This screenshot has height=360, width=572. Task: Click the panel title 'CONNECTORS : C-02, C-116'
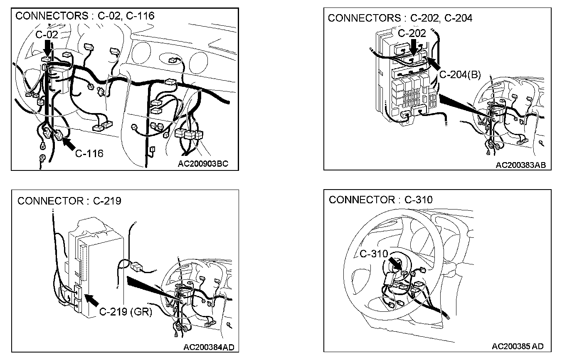pos(85,16)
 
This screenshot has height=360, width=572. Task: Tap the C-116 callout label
pos(89,153)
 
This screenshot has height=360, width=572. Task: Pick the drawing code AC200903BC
pos(203,163)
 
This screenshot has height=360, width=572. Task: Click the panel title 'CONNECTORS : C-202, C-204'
pos(400,18)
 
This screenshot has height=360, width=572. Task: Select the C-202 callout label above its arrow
pos(412,33)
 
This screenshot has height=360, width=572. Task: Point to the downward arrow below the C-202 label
pos(413,47)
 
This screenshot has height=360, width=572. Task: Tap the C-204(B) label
pos(460,75)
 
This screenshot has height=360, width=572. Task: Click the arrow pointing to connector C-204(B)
pos(434,64)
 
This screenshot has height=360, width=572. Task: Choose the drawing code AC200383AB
pos(520,165)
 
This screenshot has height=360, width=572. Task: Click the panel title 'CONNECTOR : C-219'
pos(69,201)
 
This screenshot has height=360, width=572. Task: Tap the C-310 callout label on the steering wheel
pos(373,254)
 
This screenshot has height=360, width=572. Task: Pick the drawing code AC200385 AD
pos(518,346)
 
